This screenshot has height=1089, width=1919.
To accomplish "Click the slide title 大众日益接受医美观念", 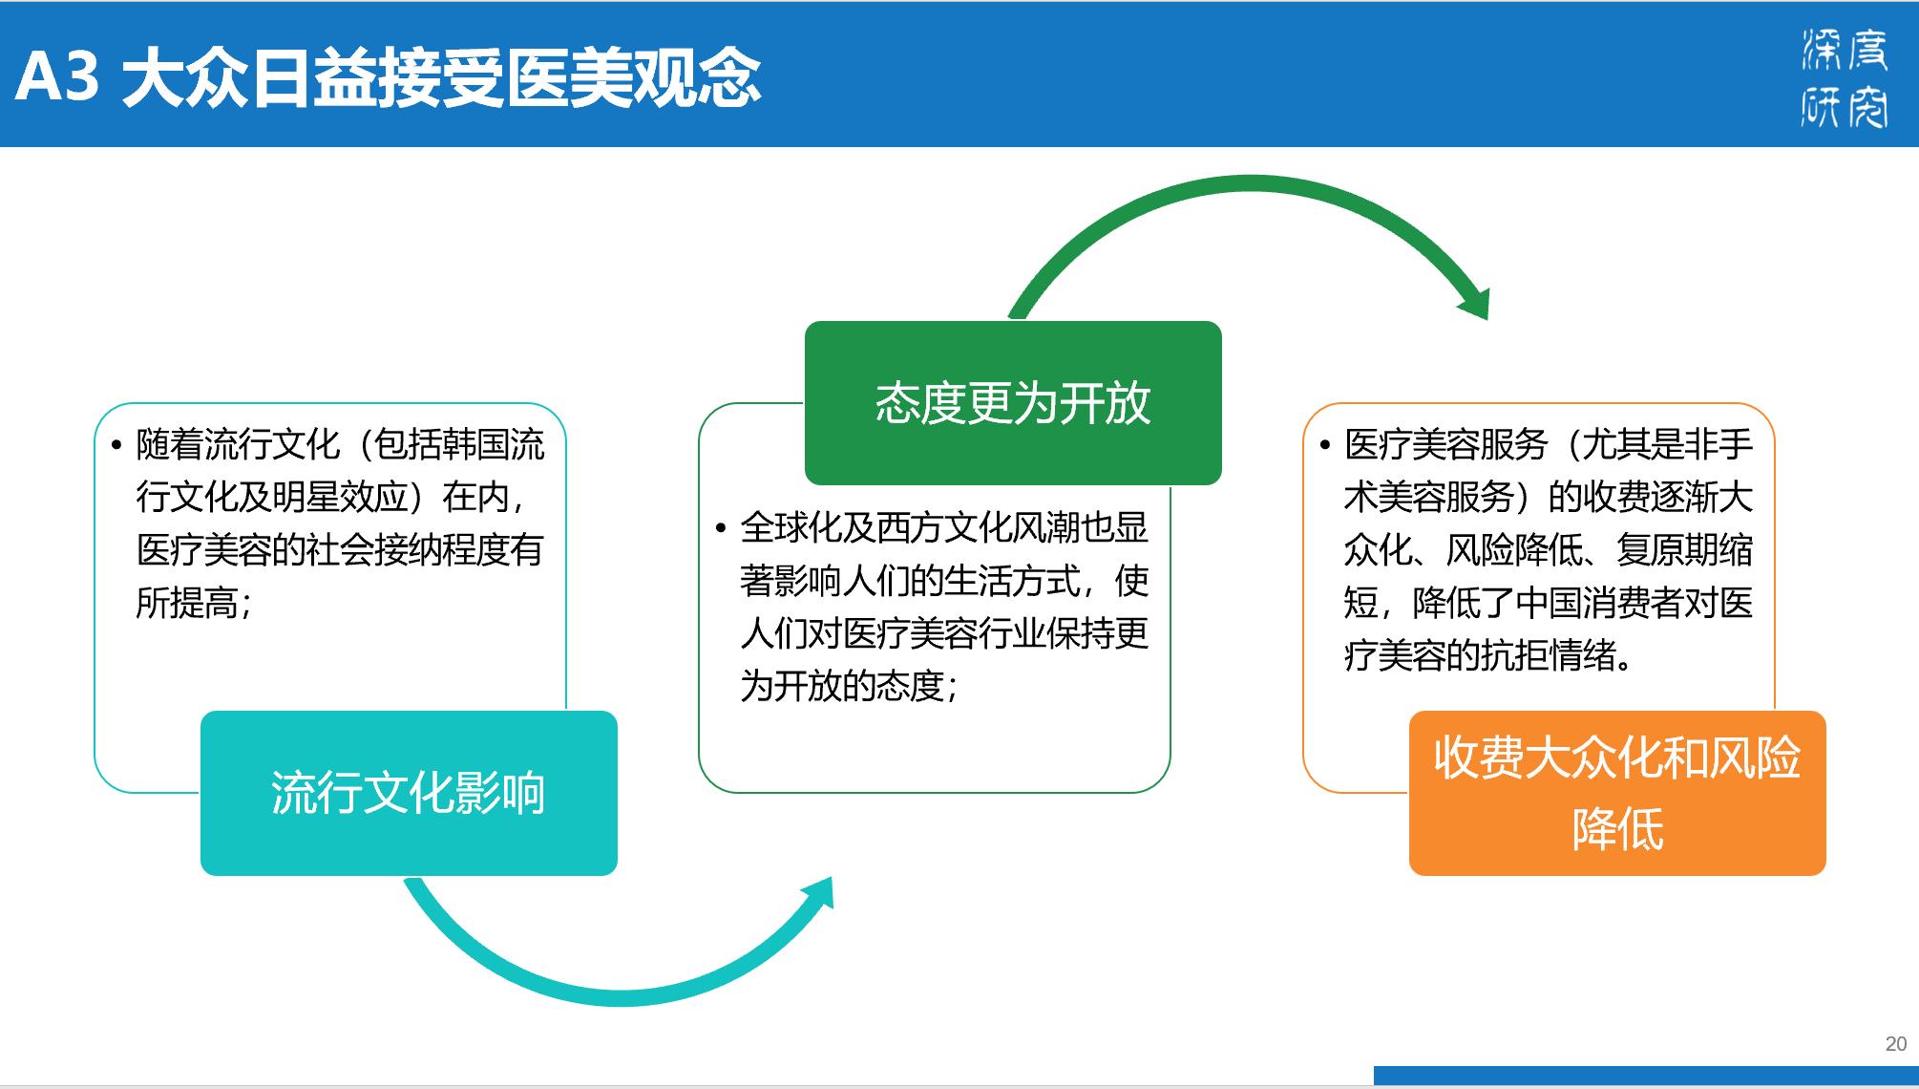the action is coord(441,76).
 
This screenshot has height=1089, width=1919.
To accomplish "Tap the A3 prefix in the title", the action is coord(57,76).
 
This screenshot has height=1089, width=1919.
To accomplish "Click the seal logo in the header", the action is coord(1845,76).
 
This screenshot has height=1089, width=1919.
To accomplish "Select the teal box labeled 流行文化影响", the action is coord(409,793).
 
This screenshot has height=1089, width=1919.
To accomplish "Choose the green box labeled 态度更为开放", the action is coord(1013,403).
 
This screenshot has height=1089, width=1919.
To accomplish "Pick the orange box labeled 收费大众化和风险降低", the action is coord(1617,793).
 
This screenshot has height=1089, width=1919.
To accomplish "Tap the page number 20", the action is coord(1896,1044).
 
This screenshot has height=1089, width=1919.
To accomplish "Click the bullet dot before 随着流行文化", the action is coord(116,445).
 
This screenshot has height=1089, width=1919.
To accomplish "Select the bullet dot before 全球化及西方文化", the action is coord(721,528).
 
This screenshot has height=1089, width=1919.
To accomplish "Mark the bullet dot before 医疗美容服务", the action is coord(1325,445).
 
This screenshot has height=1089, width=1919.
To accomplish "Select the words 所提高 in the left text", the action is coord(187,603).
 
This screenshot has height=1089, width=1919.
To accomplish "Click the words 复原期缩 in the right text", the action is coord(1685,549).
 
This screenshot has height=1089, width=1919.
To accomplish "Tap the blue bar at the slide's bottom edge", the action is coord(1646,1076).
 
